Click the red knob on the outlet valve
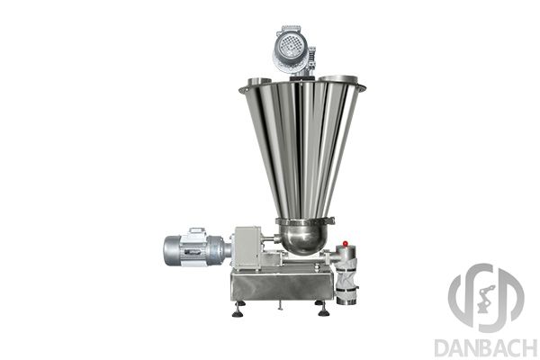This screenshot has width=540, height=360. click(346, 244)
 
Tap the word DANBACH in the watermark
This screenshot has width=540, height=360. click(486, 348)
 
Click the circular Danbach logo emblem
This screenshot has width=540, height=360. click(486, 298)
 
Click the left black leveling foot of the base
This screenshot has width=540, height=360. click(238, 309)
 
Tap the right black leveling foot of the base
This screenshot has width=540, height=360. click(323, 309)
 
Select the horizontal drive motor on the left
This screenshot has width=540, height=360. click(196, 247)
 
